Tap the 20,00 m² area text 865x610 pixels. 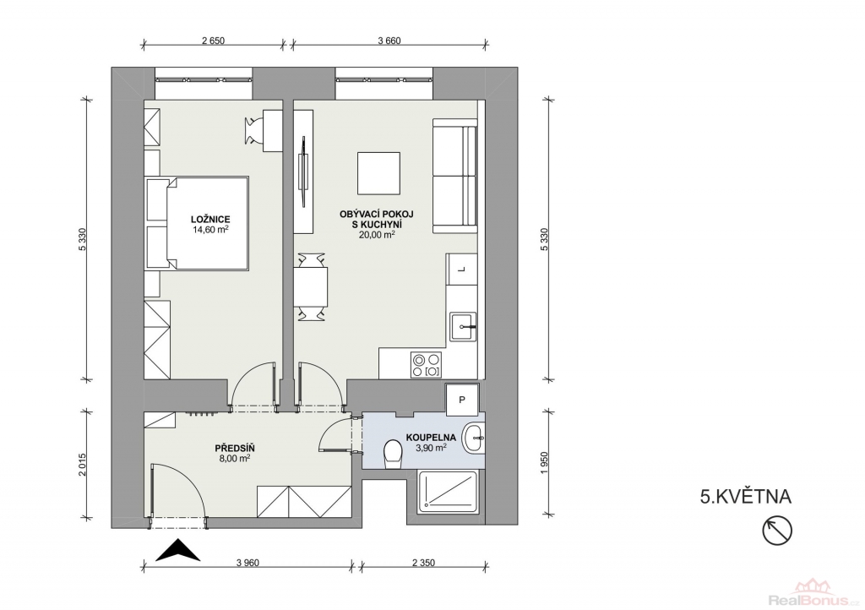pos(377,234)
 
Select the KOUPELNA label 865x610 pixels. pos(431,438)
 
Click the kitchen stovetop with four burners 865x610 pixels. pos(427,365)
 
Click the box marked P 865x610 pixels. pos(462,400)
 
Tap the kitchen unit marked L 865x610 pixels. pos(462,270)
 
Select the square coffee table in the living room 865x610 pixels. pos(378,173)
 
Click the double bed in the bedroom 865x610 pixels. pos(197,223)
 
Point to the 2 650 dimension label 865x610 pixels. pos(214,41)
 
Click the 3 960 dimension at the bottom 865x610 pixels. pos(248,564)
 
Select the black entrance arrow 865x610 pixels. pos(177,550)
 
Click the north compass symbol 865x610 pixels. pos(777,531)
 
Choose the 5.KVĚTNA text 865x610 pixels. pos(745,497)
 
